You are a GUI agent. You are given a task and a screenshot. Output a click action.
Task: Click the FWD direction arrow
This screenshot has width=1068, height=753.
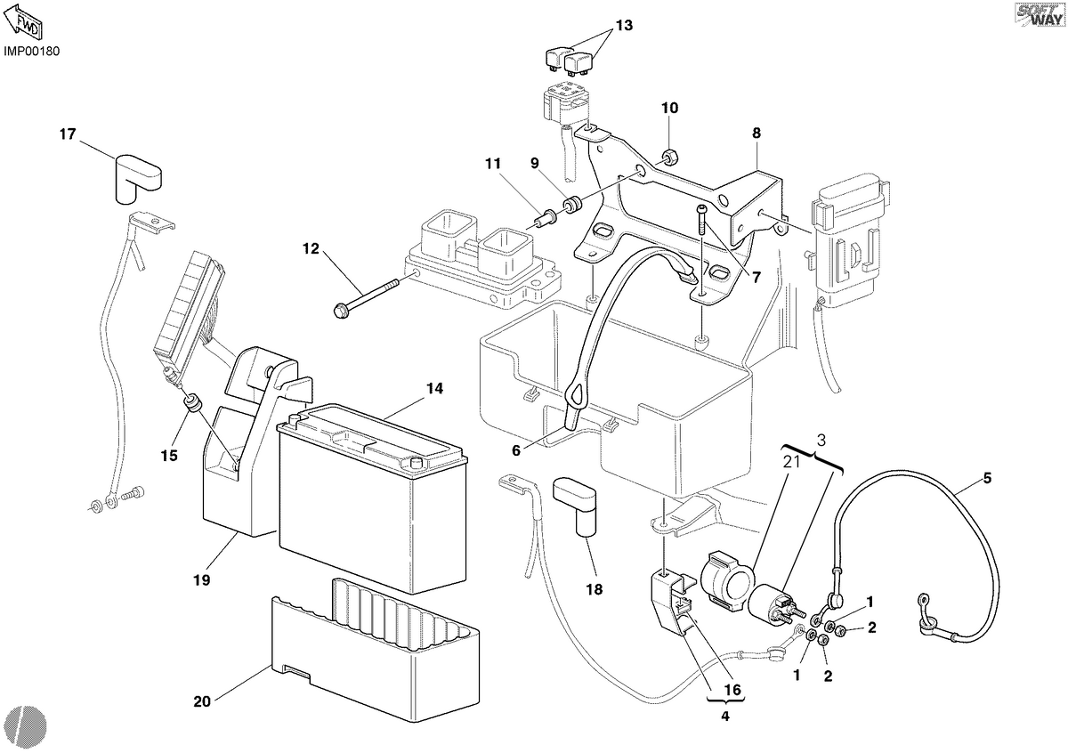coord(23,22)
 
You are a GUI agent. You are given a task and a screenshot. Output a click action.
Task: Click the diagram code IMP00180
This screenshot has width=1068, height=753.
coord(32,52)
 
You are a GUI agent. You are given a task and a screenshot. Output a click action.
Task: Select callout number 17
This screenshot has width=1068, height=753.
coord(68,134)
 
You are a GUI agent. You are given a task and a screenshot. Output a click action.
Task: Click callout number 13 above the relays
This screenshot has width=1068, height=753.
coord(624,25)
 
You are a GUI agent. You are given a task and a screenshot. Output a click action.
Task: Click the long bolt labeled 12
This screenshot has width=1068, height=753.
coord(366,297)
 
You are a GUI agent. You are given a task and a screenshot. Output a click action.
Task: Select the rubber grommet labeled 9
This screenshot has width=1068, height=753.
coord(571,204)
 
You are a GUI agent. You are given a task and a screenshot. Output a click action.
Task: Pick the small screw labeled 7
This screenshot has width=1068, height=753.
coord(702,218)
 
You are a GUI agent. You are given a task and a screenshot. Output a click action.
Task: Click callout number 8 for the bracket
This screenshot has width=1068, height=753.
coord(756,134)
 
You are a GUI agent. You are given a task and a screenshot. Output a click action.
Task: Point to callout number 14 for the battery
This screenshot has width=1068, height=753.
coord(434,389)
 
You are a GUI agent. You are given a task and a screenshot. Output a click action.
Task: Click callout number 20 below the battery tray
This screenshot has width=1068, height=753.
coord(202,701)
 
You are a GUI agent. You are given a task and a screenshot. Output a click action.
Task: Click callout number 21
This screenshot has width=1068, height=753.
coord(791,462)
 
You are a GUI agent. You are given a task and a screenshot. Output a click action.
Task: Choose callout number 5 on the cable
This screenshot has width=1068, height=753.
coord(987,478)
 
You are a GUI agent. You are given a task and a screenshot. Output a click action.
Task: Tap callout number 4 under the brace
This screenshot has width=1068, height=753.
coord(725,717)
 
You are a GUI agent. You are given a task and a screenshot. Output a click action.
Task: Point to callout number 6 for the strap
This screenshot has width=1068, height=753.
coord(516,450)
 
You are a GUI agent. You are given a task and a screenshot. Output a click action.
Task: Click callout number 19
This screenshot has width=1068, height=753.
coord(202,580)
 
